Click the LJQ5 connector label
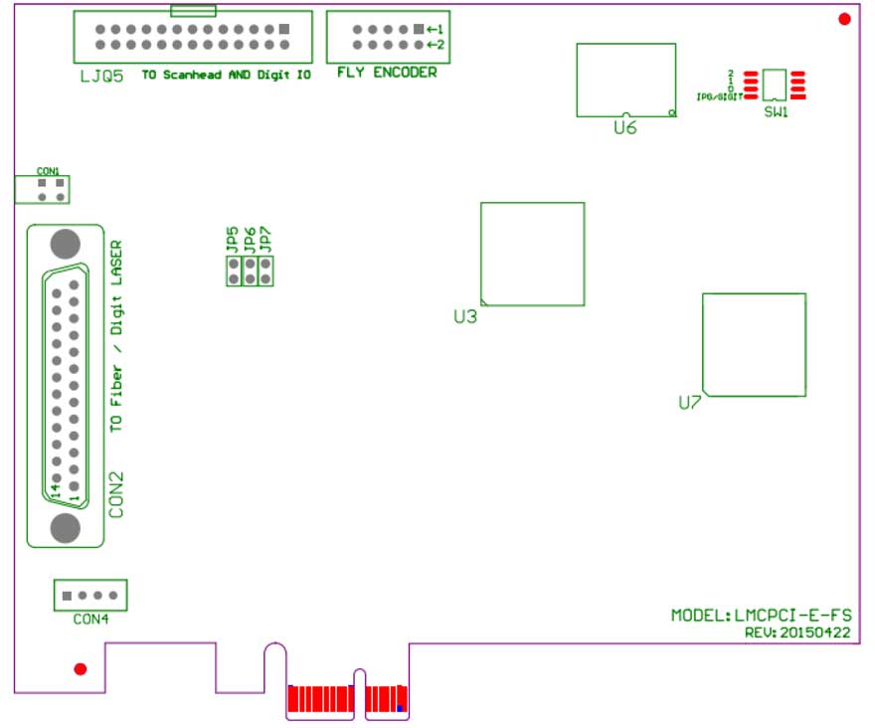(x=101, y=75)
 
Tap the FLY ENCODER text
(x=387, y=73)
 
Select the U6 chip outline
(x=626, y=80)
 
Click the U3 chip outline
(x=532, y=254)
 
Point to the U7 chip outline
(x=754, y=344)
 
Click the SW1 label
(x=776, y=112)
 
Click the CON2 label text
(x=116, y=494)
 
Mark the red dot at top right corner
(x=844, y=19)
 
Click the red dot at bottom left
(x=81, y=668)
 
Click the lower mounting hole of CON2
(x=65, y=527)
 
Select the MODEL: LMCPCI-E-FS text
(x=761, y=616)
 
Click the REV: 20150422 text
(x=796, y=632)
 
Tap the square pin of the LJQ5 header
(x=285, y=29)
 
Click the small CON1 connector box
(x=42, y=189)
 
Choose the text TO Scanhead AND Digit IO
(x=226, y=75)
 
